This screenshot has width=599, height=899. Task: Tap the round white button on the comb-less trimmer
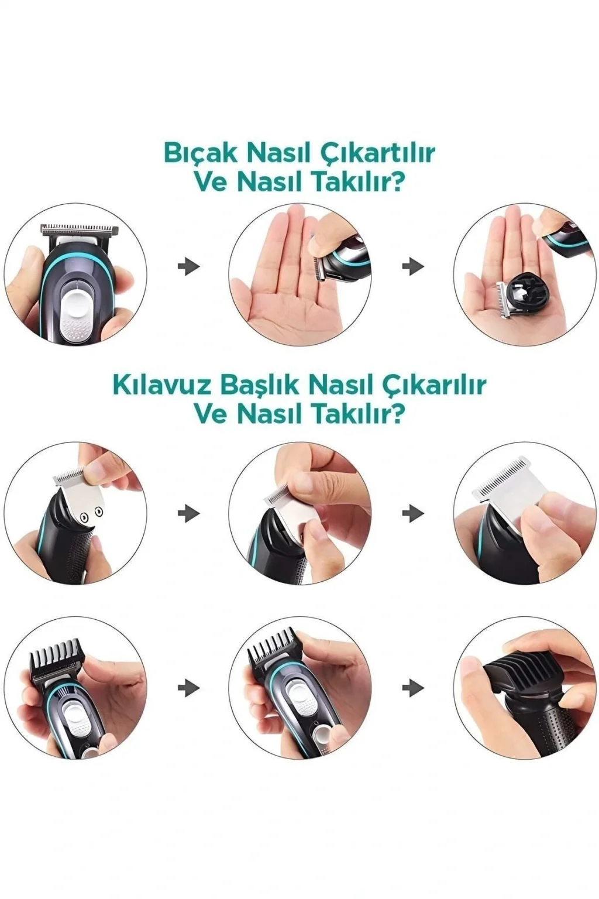[x=76, y=297]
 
